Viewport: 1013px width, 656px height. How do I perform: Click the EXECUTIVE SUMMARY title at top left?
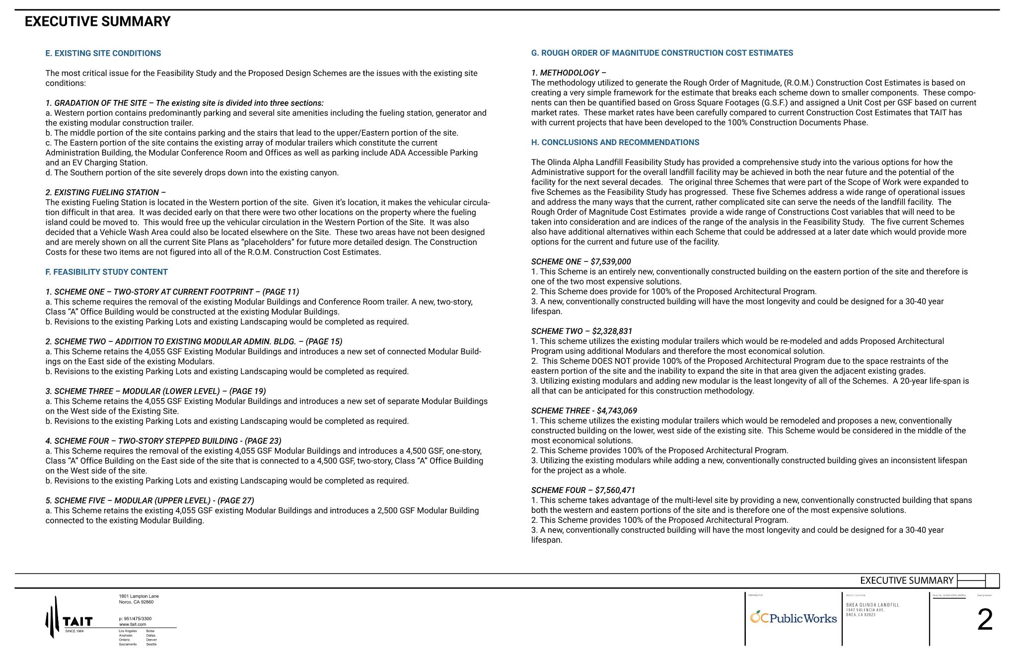pos(97,22)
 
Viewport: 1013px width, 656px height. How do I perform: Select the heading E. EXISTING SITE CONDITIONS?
pos(103,53)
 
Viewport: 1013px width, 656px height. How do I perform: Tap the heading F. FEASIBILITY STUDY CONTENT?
pos(106,272)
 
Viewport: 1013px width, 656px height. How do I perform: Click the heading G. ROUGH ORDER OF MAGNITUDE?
pos(662,53)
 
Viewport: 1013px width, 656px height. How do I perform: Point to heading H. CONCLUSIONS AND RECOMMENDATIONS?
pos(615,142)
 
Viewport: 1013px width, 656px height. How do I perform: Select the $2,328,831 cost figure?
pos(612,331)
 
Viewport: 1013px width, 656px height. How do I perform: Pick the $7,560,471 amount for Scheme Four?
pos(615,490)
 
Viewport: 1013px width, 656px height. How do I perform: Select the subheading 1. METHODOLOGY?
pos(569,73)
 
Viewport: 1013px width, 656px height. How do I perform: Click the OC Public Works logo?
pos(793,618)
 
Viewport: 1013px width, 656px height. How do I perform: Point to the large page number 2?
pos(985,620)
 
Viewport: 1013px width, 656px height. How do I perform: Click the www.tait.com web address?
pos(133,624)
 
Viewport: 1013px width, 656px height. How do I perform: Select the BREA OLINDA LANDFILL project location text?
pos(872,605)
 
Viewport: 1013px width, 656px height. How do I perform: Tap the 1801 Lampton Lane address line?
pos(139,596)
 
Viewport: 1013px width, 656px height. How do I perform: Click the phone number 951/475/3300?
pos(135,619)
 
